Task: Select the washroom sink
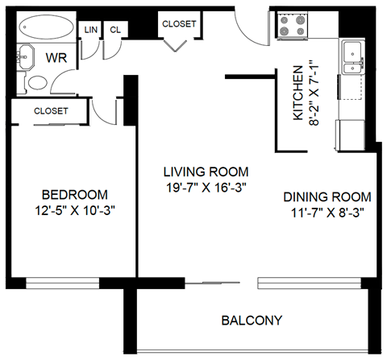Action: pyautogui.click(x=24, y=58)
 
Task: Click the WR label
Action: pyautogui.click(x=56, y=58)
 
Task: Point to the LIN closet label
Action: pyautogui.click(x=91, y=30)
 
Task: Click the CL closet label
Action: pyautogui.click(x=115, y=30)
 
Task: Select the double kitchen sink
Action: pyautogui.click(x=354, y=57)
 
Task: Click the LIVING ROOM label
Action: pyautogui.click(x=205, y=172)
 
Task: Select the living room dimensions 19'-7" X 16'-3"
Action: pyautogui.click(x=205, y=188)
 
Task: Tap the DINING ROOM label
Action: pyautogui.click(x=327, y=197)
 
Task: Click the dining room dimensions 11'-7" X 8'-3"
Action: pyautogui.click(x=327, y=213)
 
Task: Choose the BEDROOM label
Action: pyautogui.click(x=74, y=195)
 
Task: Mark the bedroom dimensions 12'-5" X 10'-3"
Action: pyautogui.click(x=74, y=210)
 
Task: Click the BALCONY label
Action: pyautogui.click(x=252, y=321)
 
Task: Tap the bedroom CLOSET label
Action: pyautogui.click(x=51, y=111)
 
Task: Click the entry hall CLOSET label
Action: pyautogui.click(x=178, y=24)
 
